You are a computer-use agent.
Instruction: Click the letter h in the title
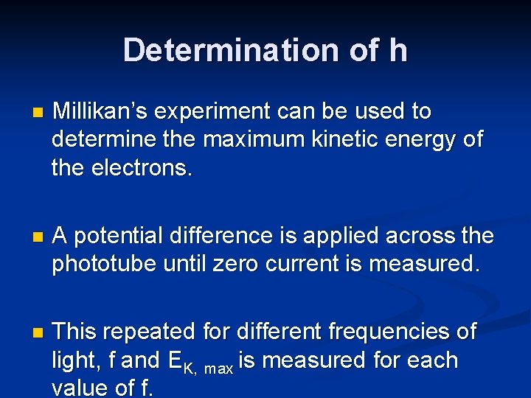pos(396,50)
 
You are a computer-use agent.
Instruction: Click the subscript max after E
pos(218,366)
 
